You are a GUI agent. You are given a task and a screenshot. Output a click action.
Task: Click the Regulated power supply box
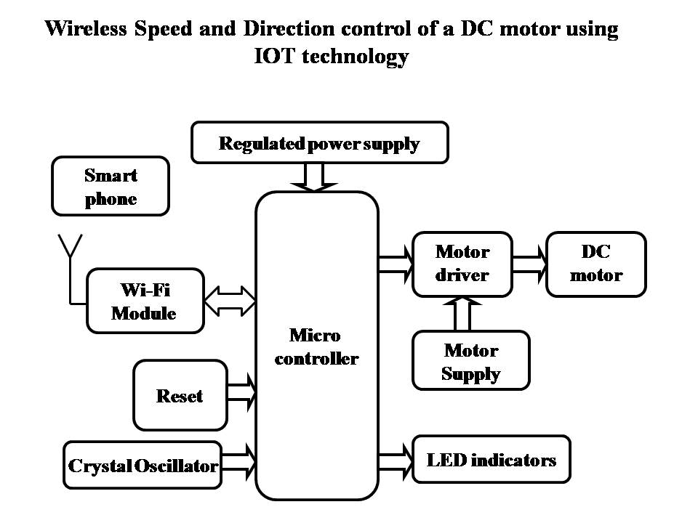coord(320,142)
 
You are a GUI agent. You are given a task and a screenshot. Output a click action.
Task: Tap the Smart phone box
coord(111,187)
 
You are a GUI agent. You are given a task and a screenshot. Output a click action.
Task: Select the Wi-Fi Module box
coord(145,301)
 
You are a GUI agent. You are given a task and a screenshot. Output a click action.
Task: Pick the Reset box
coord(180,396)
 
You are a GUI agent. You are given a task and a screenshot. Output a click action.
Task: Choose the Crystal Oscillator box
coord(143,465)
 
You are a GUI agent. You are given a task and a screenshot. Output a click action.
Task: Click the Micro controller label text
coord(316,347)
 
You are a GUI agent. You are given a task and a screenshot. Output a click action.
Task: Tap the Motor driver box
coord(462,264)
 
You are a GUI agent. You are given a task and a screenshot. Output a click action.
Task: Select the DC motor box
coord(596,264)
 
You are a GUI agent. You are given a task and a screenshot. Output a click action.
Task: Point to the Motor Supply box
coord(471,362)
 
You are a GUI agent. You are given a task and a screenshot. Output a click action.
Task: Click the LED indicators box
coord(492,459)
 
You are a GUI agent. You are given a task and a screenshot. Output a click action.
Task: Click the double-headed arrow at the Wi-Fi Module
coord(230,299)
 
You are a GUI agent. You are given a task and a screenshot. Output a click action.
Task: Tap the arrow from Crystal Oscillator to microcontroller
coord(239,460)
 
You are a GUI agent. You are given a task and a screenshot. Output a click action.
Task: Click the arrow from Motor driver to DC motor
coord(529,264)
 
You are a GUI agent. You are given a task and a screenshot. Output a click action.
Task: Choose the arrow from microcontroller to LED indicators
coord(396,459)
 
